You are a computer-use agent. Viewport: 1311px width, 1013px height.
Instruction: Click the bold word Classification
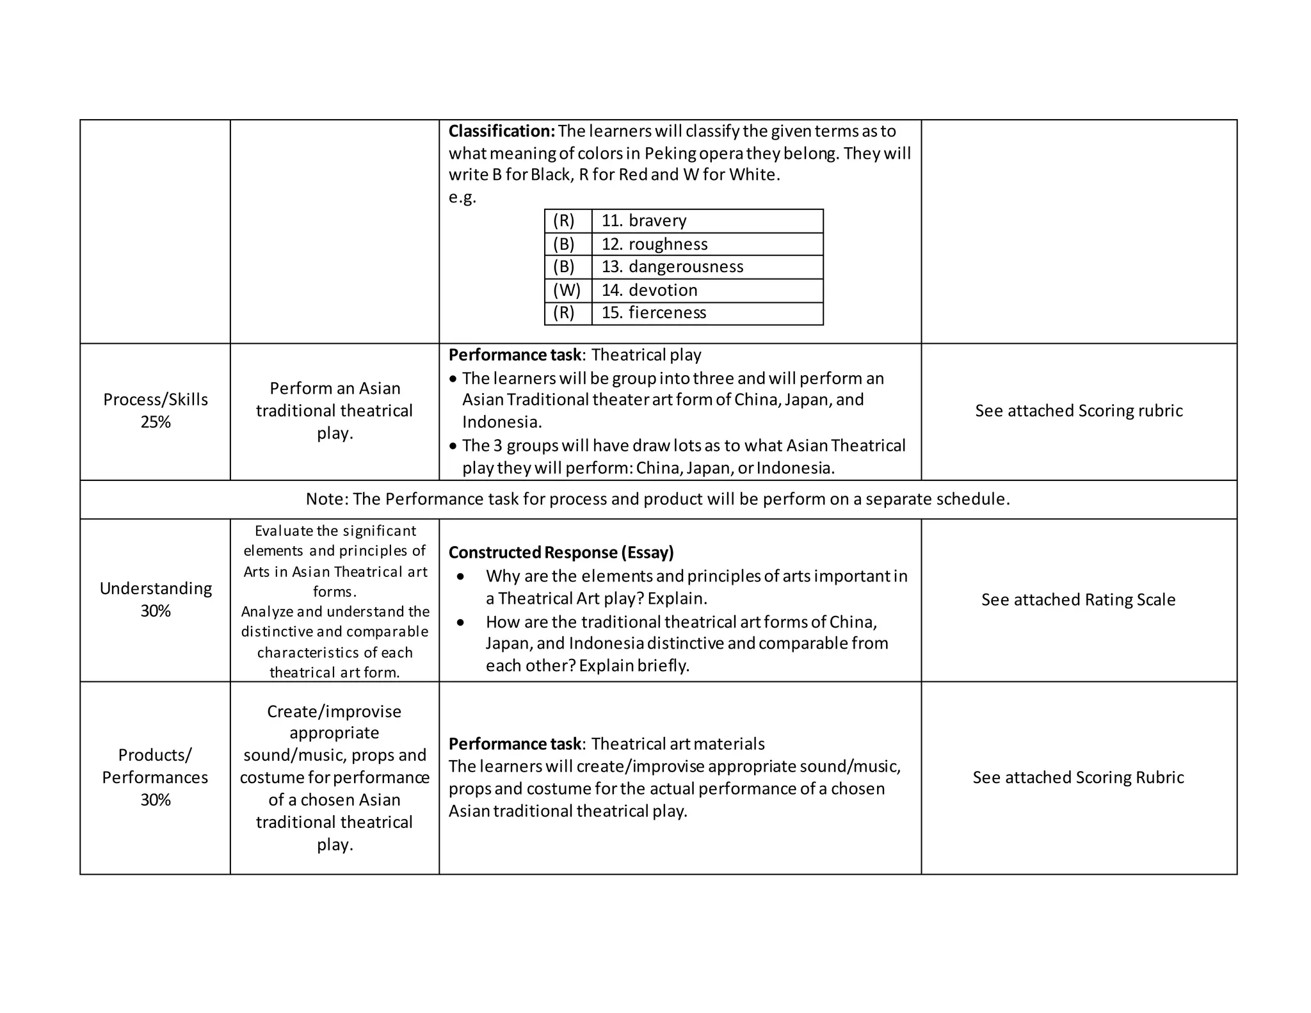point(501,131)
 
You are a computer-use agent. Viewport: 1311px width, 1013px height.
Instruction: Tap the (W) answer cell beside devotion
point(567,290)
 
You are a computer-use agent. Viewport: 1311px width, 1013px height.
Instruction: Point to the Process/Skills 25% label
point(156,410)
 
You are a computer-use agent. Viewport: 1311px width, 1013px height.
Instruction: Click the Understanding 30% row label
point(156,599)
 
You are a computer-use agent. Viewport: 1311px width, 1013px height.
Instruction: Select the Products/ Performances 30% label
point(156,777)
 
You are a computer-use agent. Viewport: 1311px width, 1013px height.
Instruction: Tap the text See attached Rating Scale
point(1078,600)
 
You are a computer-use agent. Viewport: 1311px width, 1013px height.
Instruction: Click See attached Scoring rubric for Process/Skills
point(1079,410)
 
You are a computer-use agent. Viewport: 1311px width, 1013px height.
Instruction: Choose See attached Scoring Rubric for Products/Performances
point(1078,777)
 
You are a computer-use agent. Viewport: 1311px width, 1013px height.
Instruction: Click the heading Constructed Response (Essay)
point(561,553)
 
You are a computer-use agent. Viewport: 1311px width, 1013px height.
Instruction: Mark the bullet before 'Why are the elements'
point(460,577)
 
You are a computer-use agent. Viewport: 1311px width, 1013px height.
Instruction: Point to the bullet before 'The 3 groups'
point(453,446)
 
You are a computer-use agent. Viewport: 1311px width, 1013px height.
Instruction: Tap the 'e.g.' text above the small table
point(462,197)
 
